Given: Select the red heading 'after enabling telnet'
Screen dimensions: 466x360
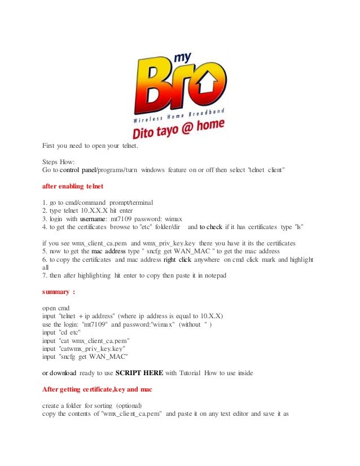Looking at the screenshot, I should click(74, 185).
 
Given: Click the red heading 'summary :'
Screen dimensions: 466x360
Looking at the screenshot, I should click(59, 292).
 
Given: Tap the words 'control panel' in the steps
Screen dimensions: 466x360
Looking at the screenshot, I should click(78, 169).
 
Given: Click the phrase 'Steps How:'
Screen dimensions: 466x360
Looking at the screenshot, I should click(59, 161).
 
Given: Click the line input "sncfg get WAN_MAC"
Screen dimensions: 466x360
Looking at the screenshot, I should click(85, 357).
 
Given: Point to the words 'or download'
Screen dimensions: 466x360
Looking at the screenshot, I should click(64, 373).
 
